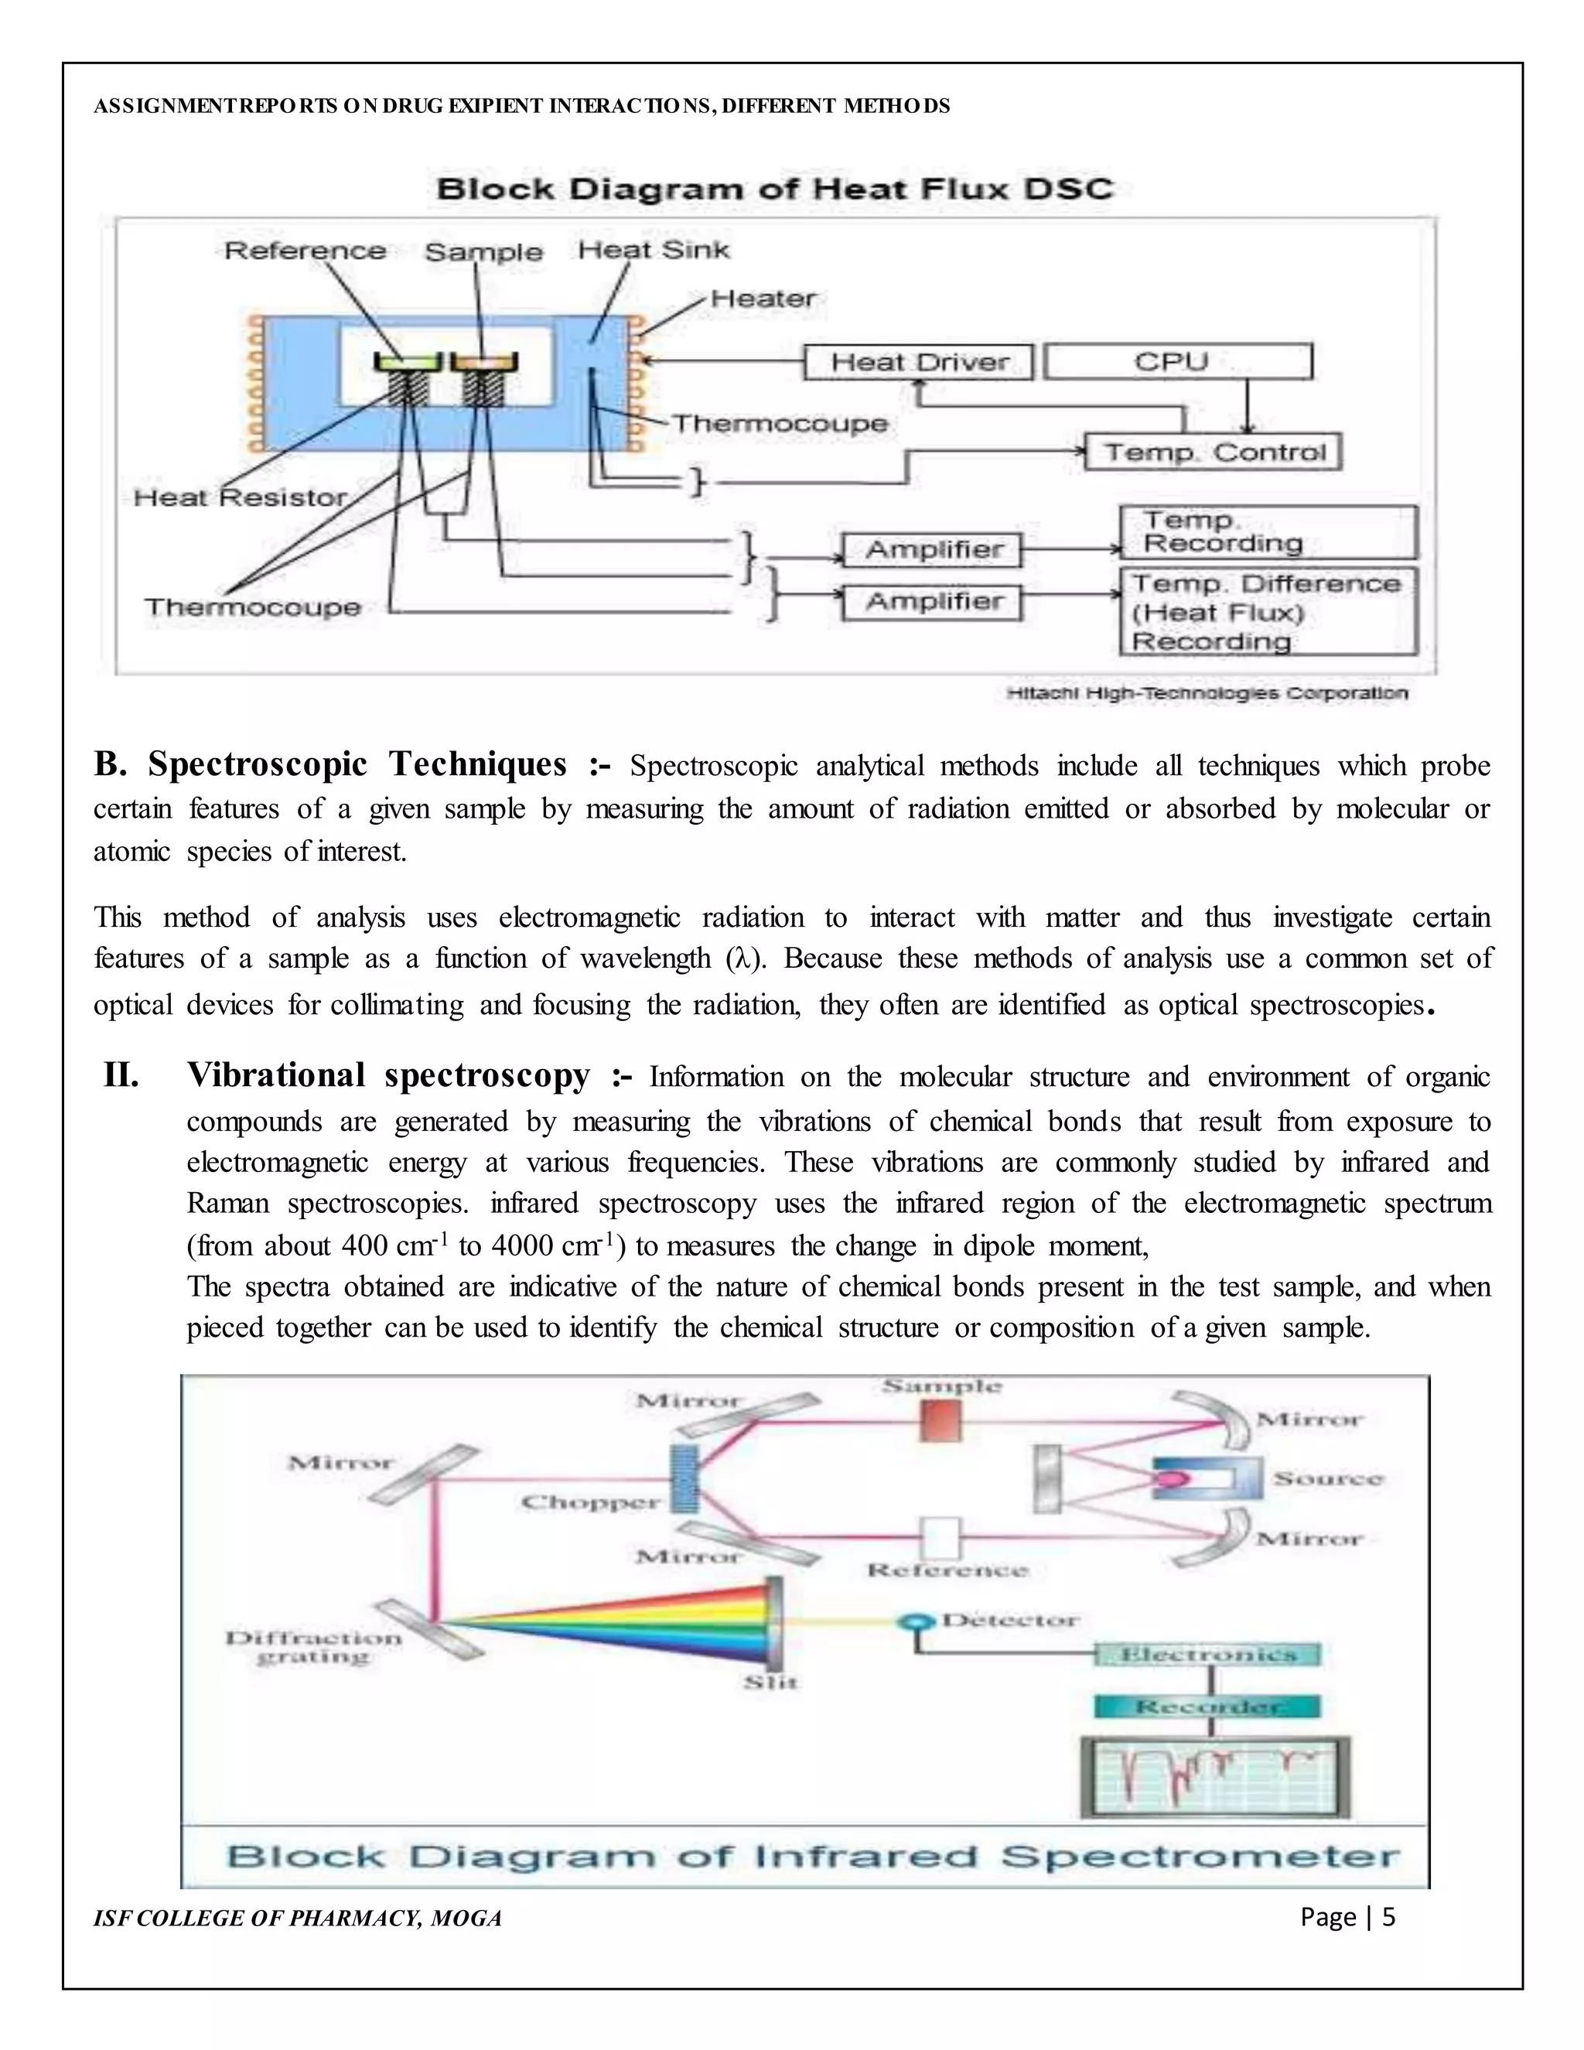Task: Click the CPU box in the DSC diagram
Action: coord(1178,361)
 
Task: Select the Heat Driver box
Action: coord(919,362)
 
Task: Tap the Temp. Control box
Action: coord(1214,453)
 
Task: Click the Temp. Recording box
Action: coord(1268,532)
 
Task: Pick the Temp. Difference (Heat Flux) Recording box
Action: coord(1268,612)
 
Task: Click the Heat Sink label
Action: coord(653,250)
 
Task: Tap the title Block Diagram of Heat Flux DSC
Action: coord(774,189)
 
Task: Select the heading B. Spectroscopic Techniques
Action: coord(329,764)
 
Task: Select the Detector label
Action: coord(1009,1620)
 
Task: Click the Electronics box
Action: coord(1207,1654)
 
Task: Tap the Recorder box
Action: coord(1207,1706)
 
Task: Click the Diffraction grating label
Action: coord(313,1647)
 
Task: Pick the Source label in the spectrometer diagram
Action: coord(1328,1478)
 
